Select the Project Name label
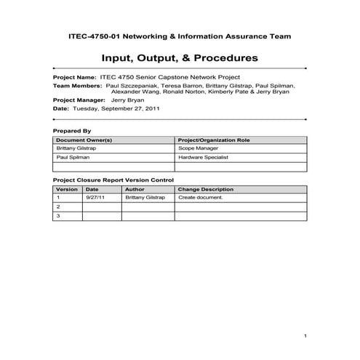tap(74, 76)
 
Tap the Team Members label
tap(77, 85)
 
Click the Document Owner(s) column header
tap(84, 139)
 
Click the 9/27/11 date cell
tap(95, 197)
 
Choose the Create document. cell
tap(200, 197)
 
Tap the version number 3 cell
tap(57, 216)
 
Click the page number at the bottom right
tap(308, 336)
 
